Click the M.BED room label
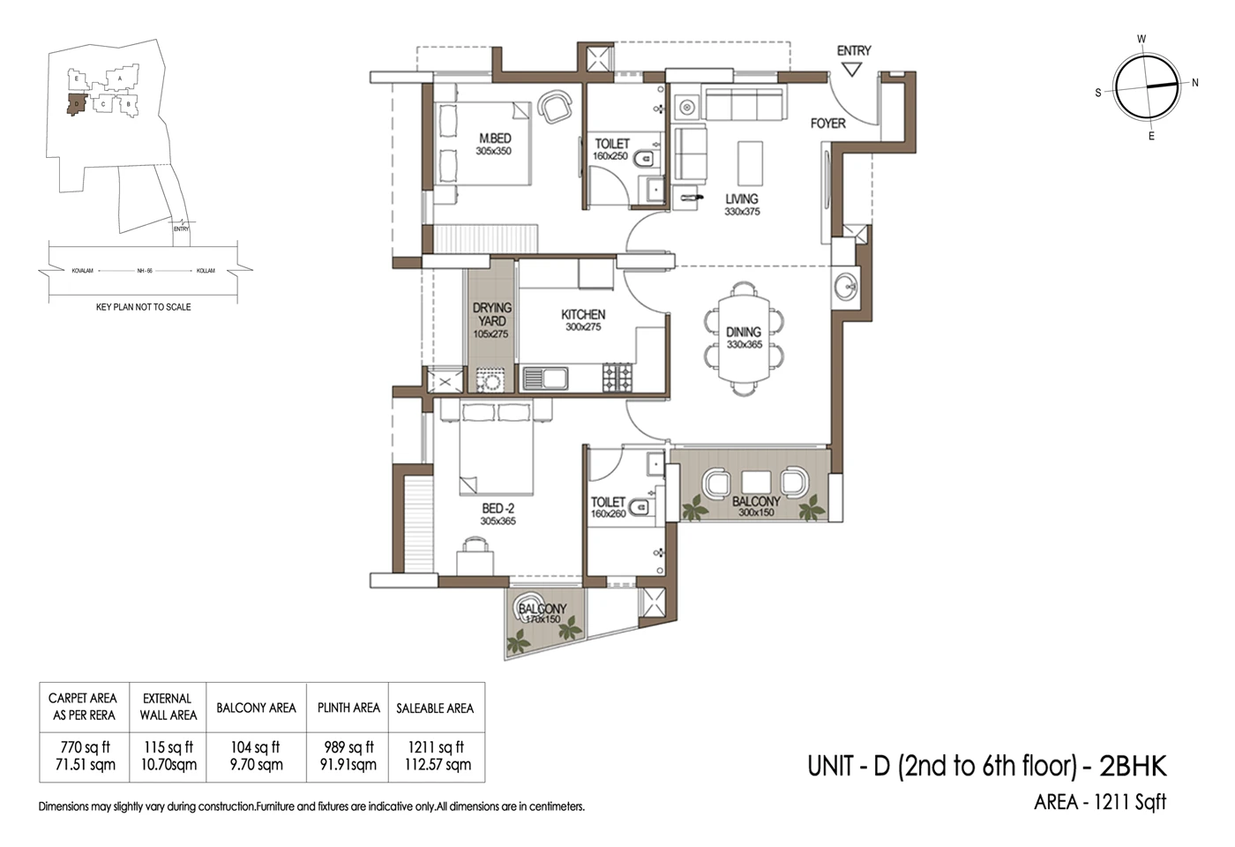point(494,139)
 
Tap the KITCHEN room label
point(583,314)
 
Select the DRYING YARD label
point(491,314)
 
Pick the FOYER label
point(827,124)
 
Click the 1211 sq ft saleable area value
point(436,747)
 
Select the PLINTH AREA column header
point(348,708)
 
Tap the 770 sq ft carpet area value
point(85,747)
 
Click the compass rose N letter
point(1195,83)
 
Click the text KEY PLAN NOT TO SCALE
point(143,307)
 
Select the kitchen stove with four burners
point(617,378)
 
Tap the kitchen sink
point(545,379)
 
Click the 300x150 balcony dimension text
point(756,513)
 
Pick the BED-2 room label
point(498,508)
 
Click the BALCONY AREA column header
point(256,708)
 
